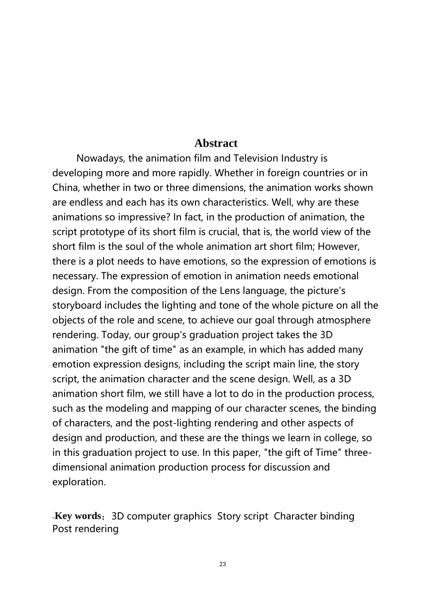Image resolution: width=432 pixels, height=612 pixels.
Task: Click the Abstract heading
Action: click(216, 143)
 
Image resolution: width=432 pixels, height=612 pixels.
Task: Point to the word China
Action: click(65, 188)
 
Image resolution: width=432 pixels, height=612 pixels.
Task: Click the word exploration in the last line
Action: click(79, 482)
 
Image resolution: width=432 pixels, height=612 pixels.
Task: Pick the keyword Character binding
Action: click(314, 516)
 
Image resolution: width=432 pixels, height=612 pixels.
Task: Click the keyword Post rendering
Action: click(85, 529)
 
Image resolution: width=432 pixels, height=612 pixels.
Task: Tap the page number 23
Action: click(222, 564)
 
